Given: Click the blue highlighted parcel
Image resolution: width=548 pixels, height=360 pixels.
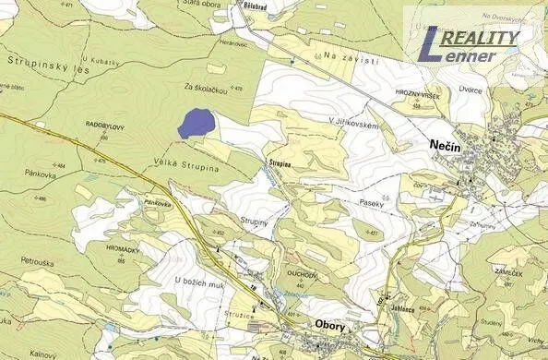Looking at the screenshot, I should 195,124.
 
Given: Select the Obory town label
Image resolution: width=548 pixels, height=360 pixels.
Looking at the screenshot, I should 331,325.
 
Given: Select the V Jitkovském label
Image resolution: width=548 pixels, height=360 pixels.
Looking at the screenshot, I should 352,121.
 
